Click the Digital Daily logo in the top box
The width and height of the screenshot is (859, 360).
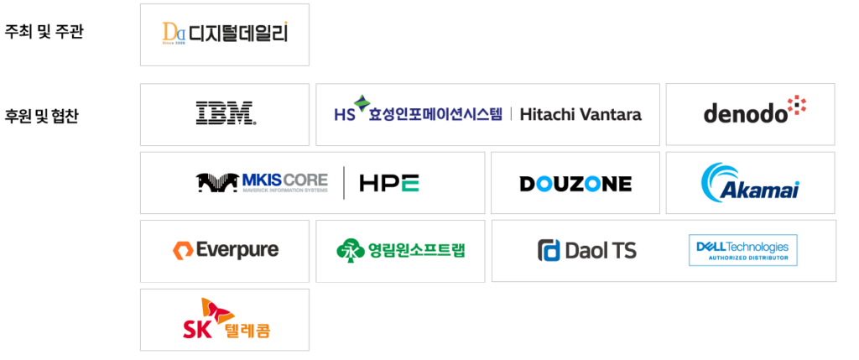point(224,34)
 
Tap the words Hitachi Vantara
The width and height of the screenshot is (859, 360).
point(580,115)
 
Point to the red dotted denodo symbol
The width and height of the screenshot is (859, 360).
point(796,105)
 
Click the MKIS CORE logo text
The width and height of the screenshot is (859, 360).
point(284,180)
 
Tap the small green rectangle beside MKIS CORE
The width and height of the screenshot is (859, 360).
point(410,184)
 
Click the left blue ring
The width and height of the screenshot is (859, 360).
point(544,184)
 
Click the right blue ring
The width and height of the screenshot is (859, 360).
point(593,184)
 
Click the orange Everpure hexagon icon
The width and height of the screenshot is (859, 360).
point(182,250)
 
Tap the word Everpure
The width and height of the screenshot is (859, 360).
point(237,250)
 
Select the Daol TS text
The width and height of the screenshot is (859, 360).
point(601,250)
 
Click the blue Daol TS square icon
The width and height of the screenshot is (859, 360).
point(549,250)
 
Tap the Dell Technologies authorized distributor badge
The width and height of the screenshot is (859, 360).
point(742,250)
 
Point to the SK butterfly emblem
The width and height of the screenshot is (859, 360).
point(216,310)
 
